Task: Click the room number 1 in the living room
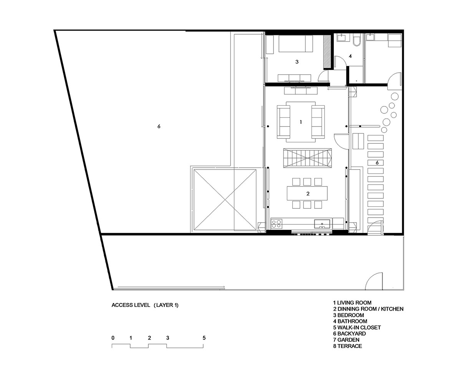301,122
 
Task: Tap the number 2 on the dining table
308,194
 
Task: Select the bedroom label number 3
297,62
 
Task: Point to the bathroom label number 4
350,56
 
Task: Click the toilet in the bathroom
356,40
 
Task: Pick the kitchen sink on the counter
322,224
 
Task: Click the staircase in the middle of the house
307,158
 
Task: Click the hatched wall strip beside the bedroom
327,52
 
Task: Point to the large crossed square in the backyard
225,200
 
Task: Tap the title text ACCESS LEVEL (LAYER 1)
145,305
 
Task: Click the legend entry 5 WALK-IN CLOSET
357,328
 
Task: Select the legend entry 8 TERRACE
348,346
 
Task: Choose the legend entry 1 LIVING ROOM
352,303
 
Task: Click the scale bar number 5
204,338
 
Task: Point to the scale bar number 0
113,338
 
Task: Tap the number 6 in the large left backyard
159,126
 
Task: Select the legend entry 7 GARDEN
346,340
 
